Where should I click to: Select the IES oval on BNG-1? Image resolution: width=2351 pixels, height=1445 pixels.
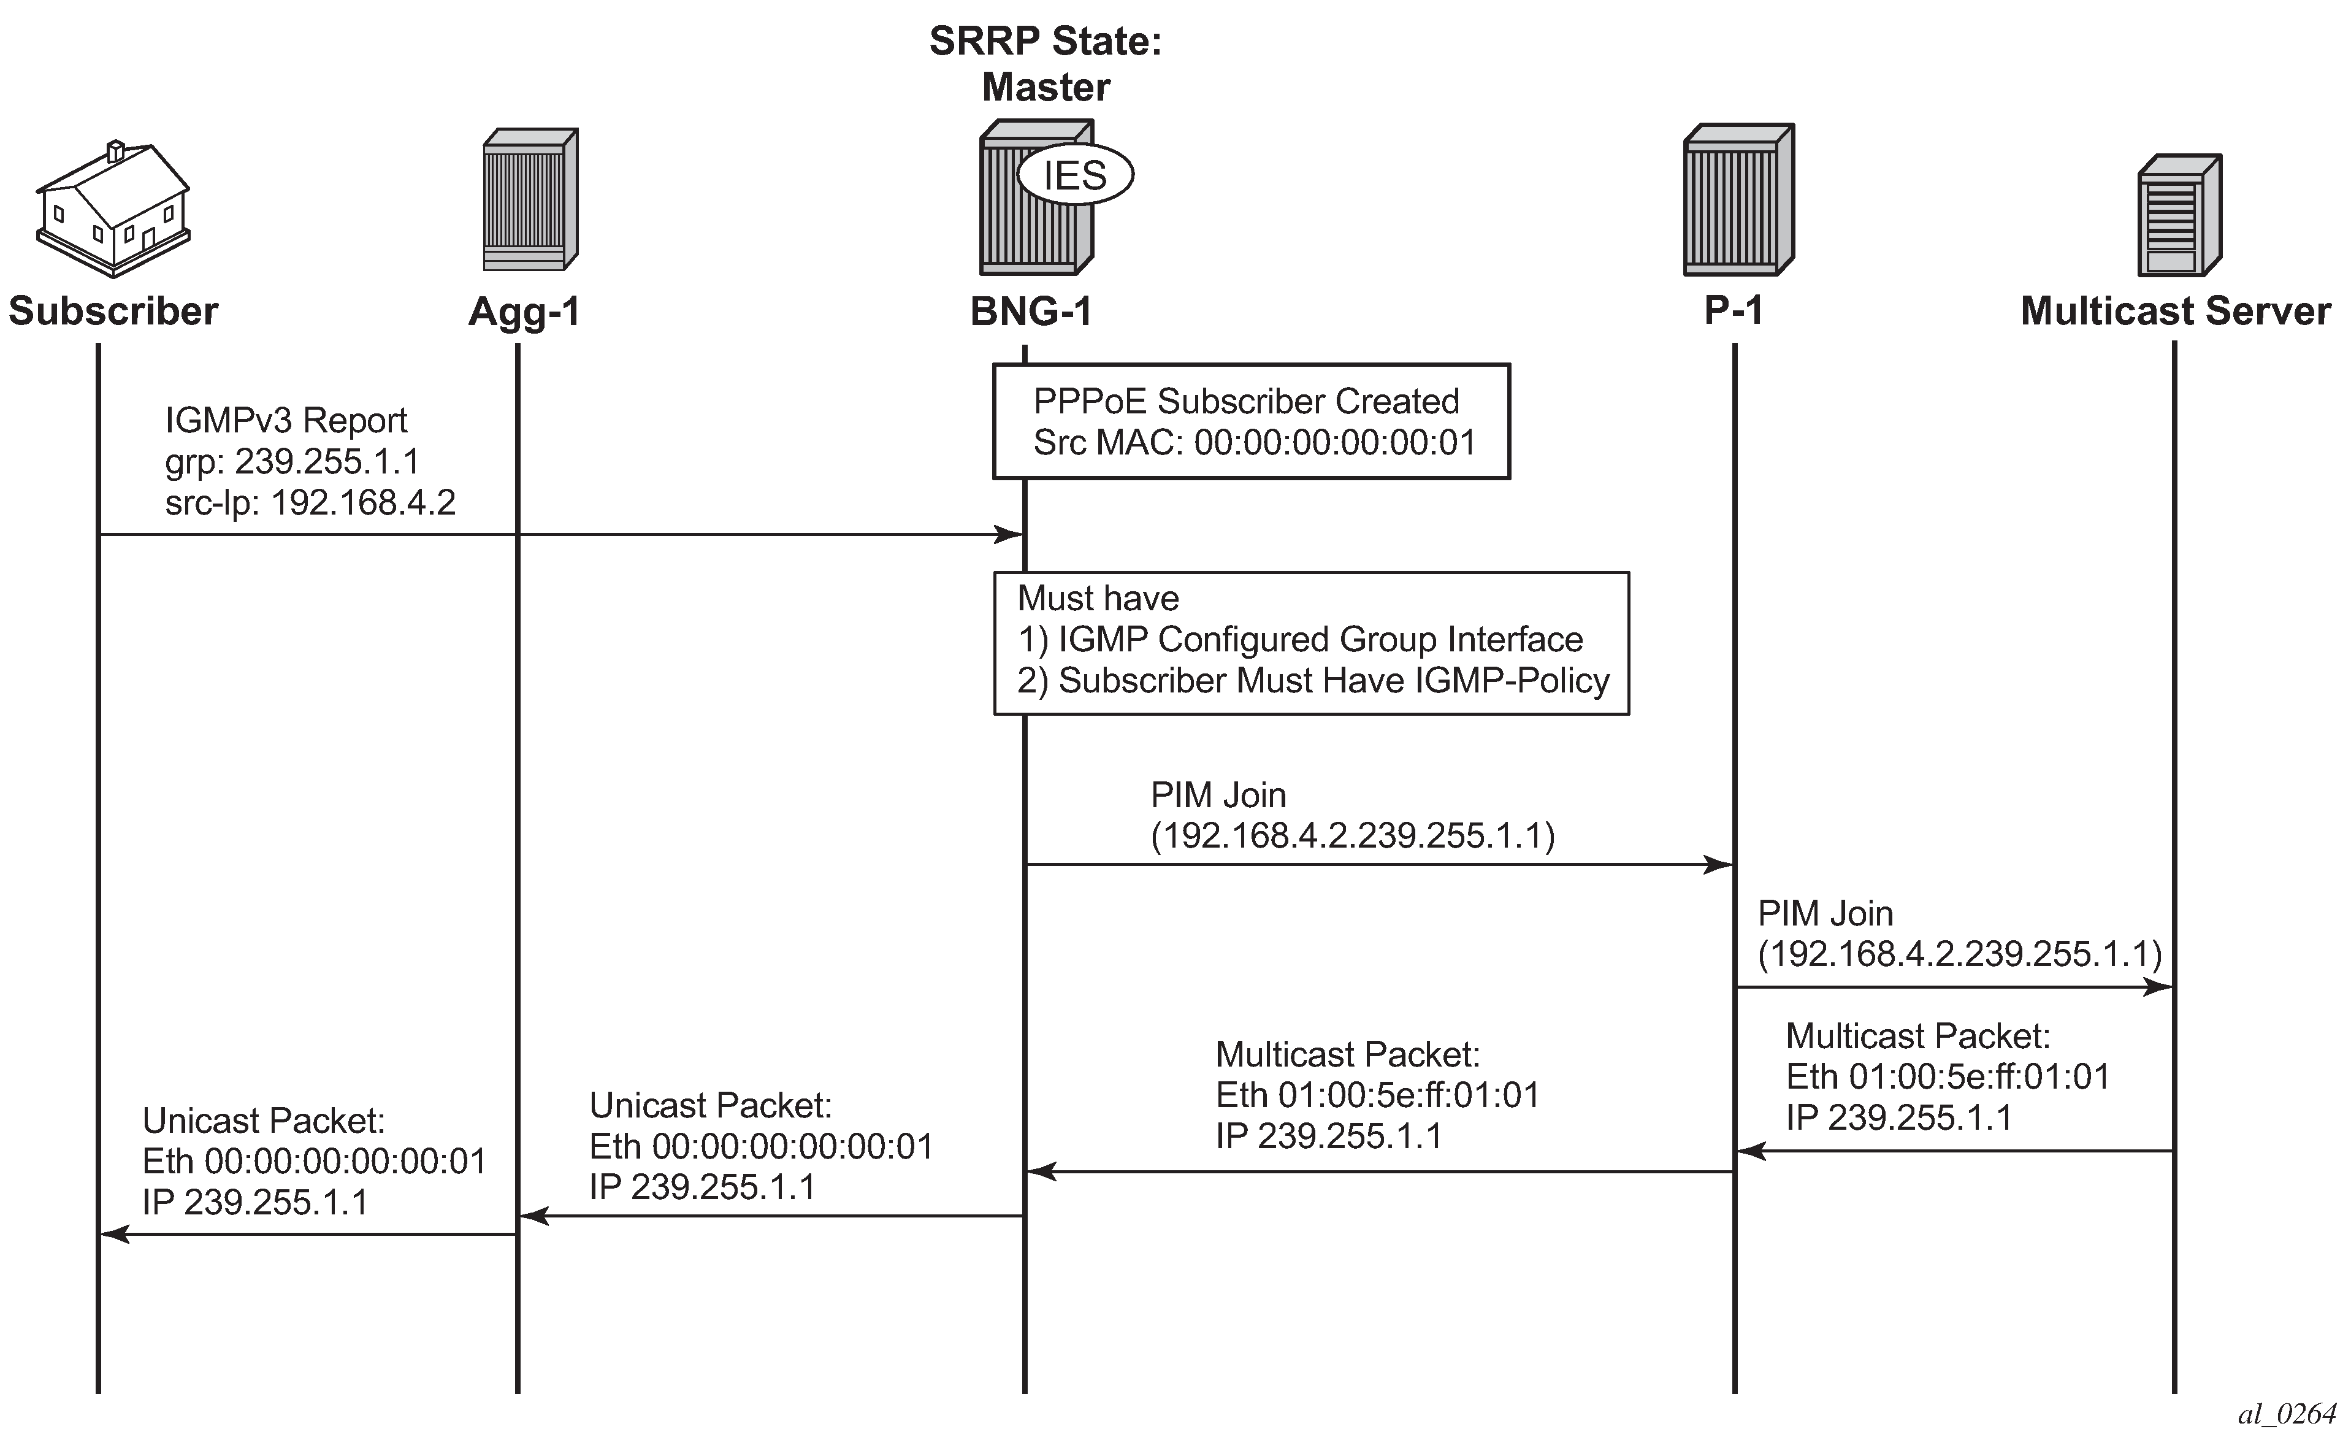point(1075,175)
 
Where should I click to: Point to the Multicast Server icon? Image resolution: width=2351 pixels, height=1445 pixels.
point(2179,215)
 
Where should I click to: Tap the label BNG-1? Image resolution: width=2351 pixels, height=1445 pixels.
point(1031,312)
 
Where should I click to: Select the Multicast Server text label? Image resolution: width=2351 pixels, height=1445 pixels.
point(2175,312)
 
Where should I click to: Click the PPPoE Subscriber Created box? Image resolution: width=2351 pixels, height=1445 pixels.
point(1252,421)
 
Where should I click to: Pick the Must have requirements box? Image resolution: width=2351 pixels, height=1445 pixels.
point(1312,643)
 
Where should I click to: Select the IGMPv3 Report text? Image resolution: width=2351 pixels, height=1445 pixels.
point(286,421)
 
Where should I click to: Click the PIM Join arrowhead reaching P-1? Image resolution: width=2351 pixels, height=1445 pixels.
point(1719,865)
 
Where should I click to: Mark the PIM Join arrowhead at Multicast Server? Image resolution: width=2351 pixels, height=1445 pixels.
point(2159,986)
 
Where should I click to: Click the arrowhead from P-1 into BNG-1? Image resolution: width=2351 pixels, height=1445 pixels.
point(1041,1171)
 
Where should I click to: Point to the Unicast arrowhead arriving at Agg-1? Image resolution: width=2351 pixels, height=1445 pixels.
point(533,1217)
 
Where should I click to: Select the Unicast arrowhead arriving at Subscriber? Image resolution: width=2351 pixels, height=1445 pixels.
point(115,1235)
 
